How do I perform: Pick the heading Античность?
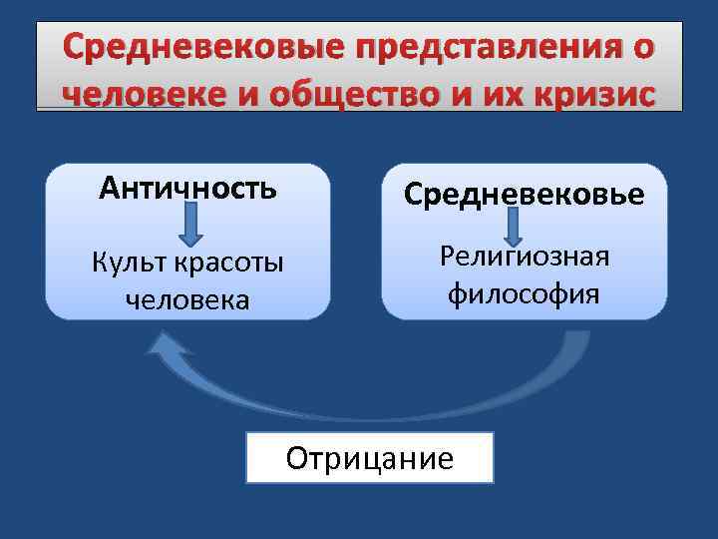point(188,189)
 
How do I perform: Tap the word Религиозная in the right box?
point(524,258)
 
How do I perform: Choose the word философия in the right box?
point(524,293)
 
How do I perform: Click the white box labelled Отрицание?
point(369,458)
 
